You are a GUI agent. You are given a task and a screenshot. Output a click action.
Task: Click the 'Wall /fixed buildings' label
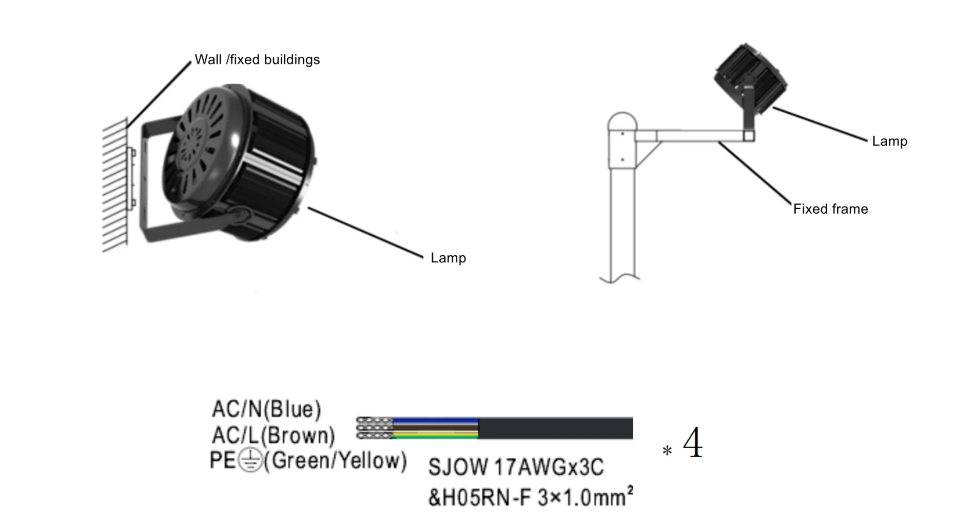257,60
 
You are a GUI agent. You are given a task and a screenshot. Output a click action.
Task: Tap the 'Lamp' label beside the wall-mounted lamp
448,258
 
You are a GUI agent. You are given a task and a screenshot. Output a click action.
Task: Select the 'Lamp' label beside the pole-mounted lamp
889,141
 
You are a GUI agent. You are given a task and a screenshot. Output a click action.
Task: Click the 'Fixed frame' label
830,209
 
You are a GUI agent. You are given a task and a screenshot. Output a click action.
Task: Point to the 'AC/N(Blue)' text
266,409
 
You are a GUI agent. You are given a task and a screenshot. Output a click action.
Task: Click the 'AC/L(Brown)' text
273,435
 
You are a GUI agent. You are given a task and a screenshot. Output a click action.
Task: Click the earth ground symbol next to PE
250,460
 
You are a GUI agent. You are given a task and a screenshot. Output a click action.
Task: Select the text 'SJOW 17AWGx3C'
516,467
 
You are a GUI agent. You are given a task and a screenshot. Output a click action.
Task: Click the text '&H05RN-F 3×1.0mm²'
530,497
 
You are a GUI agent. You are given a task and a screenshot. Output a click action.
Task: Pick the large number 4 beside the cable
693,443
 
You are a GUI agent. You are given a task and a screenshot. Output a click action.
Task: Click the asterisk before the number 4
667,451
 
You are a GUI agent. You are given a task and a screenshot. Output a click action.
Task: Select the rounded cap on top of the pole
622,122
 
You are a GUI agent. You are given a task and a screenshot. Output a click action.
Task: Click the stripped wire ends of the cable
374,428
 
